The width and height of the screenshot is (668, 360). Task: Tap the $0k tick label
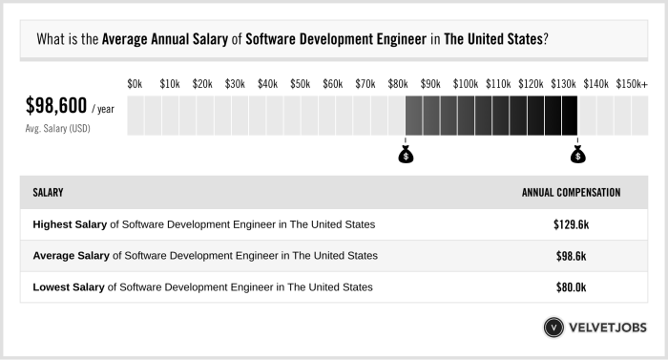135,85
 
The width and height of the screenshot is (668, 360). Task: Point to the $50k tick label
300,85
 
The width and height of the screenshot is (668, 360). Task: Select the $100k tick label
466,85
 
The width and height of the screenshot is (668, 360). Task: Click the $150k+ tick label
631,85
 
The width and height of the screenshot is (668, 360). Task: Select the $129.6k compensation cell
571,224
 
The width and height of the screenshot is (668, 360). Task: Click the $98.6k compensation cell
571,256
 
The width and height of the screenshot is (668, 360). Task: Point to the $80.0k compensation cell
571,287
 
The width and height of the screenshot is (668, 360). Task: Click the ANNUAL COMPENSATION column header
571,193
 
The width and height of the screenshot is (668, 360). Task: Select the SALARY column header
48,193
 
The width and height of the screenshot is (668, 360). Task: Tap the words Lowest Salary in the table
70,287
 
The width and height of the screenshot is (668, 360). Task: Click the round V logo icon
554,328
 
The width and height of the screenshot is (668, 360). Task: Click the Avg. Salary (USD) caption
57,128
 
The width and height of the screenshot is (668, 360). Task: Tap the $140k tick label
596,85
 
